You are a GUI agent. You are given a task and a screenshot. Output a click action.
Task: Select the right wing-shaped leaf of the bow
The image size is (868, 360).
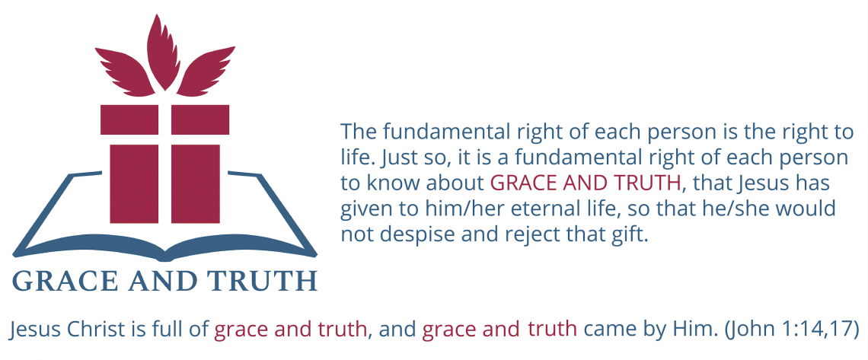click(206, 72)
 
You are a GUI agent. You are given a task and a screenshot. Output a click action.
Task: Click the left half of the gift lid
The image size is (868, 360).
click(129, 119)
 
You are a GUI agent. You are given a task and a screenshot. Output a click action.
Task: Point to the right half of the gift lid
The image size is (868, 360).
click(199, 119)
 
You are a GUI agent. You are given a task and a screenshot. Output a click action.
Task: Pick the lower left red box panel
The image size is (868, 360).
click(134, 183)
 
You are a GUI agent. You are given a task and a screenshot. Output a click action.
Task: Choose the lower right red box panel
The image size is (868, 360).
click(196, 183)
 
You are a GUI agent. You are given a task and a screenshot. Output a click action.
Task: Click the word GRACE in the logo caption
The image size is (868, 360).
click(65, 281)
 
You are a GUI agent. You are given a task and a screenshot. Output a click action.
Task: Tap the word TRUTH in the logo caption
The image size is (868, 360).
click(263, 281)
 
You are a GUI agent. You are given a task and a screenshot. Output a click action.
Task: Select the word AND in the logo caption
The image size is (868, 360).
click(163, 281)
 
